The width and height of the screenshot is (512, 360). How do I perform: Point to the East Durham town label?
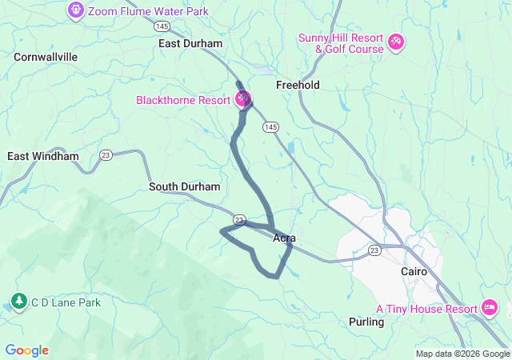click(x=190, y=44)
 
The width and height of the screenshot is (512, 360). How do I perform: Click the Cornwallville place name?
click(x=46, y=57)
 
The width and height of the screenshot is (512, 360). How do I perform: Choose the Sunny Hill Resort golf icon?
click(x=396, y=41)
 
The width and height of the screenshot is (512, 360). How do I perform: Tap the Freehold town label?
click(x=298, y=85)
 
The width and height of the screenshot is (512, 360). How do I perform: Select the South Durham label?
click(x=184, y=186)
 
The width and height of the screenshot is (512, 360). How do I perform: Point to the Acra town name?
click(x=286, y=238)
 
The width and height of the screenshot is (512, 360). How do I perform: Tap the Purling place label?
click(x=366, y=322)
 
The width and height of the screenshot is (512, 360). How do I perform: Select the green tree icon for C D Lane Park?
click(x=18, y=302)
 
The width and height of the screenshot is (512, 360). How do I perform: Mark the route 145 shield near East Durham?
click(x=164, y=26)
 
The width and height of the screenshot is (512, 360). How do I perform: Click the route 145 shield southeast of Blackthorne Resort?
click(x=270, y=127)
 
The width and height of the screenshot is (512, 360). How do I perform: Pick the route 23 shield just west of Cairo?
click(x=374, y=250)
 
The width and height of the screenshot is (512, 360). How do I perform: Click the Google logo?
click(x=26, y=350)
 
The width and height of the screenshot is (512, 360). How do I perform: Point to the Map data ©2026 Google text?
click(x=462, y=354)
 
